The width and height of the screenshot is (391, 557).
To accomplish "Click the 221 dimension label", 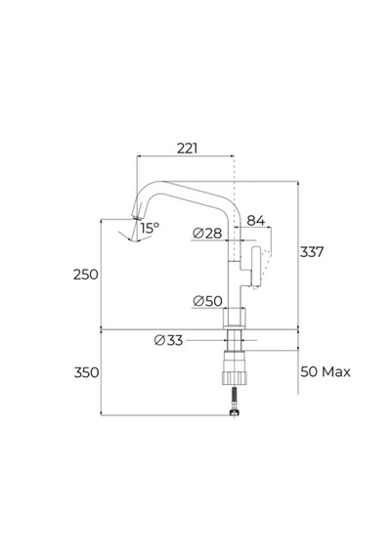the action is click(187, 149).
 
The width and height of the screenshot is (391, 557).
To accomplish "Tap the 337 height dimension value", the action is click(312, 252).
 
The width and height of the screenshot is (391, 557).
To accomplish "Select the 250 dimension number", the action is click(85, 275).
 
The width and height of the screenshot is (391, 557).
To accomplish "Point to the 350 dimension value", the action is click(86, 372).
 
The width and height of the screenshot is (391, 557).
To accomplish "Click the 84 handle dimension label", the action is click(256, 221).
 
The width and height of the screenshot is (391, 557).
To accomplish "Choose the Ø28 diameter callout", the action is click(207, 234).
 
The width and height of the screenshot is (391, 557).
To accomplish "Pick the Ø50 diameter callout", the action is click(207, 301).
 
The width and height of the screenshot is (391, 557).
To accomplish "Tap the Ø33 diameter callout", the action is click(168, 340).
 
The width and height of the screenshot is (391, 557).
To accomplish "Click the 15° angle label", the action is click(150, 228).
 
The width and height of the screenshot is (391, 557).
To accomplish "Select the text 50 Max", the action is click(326, 372).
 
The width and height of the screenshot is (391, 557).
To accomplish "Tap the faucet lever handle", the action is click(256, 267).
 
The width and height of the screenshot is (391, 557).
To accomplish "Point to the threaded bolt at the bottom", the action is click(234, 402).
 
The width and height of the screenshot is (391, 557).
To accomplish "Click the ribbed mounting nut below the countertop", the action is click(235, 368).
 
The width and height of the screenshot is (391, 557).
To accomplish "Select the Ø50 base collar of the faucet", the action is click(234, 319).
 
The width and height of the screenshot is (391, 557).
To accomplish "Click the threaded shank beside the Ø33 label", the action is click(234, 340).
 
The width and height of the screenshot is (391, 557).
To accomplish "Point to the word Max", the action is click(336, 372).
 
